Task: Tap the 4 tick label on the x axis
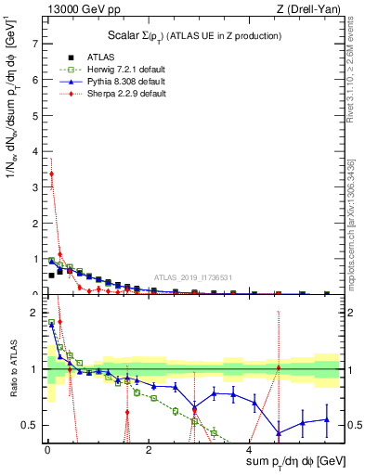click(249, 451)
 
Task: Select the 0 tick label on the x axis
click(46, 451)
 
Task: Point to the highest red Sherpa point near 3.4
click(51, 173)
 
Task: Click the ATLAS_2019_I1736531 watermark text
click(193, 277)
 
